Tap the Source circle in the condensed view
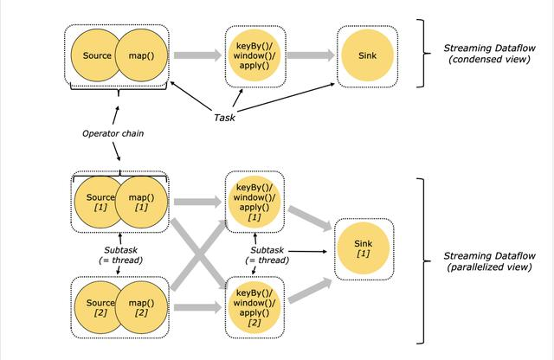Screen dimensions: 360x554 [94, 56]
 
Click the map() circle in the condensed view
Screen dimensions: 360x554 [140, 56]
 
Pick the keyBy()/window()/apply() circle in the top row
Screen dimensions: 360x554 [254, 56]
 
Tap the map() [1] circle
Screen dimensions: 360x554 [140, 204]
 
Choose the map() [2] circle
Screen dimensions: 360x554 [140, 305]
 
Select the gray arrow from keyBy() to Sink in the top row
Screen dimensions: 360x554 [310, 56]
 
